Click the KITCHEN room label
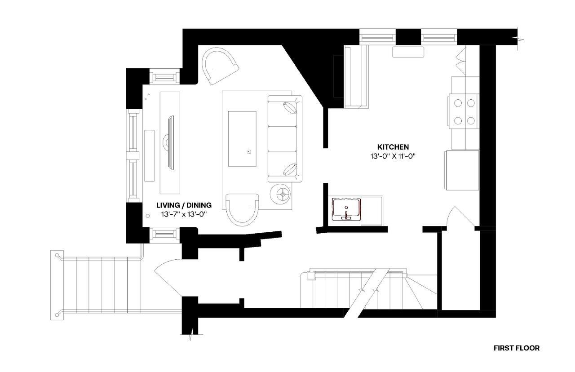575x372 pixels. click(x=393, y=147)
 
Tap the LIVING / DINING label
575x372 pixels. click(x=184, y=205)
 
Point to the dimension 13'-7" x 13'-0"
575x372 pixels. click(x=184, y=215)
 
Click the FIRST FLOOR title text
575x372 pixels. click(x=516, y=348)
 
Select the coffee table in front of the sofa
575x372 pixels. click(x=242, y=138)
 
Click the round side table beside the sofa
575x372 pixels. click(x=282, y=194)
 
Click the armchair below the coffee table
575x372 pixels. click(x=243, y=209)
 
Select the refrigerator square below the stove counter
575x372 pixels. click(x=462, y=170)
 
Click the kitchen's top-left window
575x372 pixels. click(x=378, y=36)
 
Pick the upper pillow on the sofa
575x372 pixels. click(x=291, y=108)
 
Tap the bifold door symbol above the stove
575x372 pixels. click(x=460, y=61)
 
